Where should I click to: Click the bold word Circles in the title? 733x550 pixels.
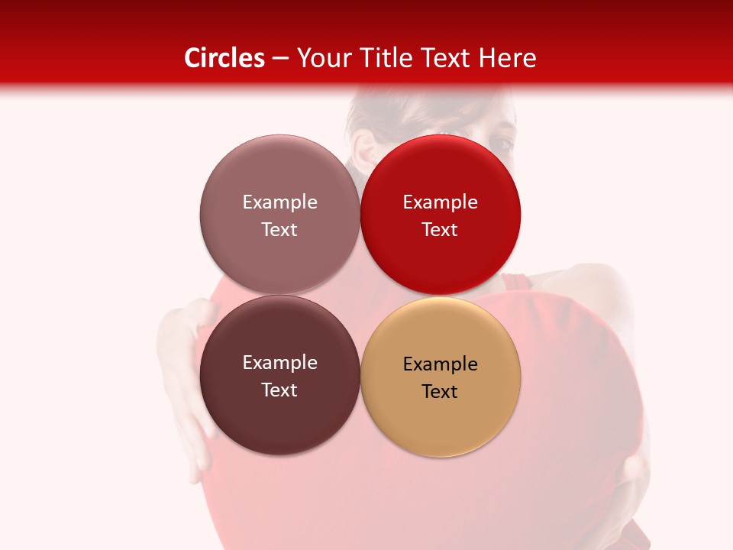pyautogui.click(x=224, y=58)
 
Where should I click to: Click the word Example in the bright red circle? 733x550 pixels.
pyautogui.click(x=441, y=202)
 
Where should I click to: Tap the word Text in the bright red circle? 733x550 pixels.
pyautogui.click(x=441, y=230)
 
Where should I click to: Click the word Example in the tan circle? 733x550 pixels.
pyautogui.click(x=441, y=364)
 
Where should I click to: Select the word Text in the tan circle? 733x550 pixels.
pyautogui.click(x=441, y=392)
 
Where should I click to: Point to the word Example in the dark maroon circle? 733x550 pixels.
pyautogui.click(x=279, y=363)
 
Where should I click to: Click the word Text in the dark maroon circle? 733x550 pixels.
pyautogui.click(x=279, y=390)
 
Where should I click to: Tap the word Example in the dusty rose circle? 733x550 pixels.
pyautogui.click(x=279, y=202)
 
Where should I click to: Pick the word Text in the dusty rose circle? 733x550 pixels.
pyautogui.click(x=279, y=230)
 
